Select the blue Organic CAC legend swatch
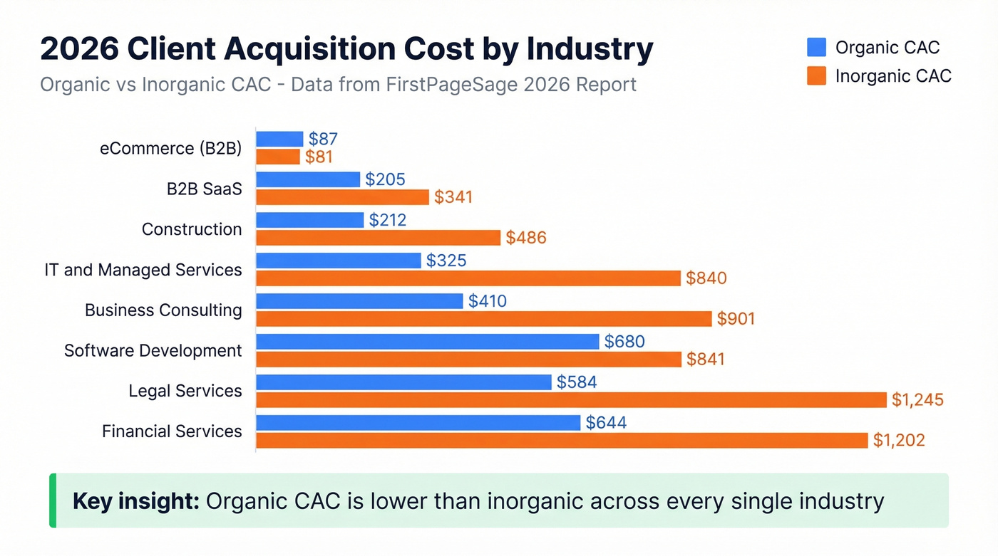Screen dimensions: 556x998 (816, 48)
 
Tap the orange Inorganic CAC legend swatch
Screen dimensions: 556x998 (816, 76)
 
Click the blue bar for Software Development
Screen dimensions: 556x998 (427, 342)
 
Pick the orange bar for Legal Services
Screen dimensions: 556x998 (570, 400)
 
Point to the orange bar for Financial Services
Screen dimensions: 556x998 (562, 441)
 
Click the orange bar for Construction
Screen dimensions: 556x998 (378, 238)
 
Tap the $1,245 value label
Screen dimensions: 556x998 (917, 400)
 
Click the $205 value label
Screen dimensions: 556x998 (385, 179)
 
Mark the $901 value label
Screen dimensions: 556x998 (736, 319)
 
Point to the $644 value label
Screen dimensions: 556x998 (606, 423)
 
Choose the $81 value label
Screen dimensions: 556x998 (319, 157)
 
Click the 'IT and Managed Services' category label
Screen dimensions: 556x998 (143, 271)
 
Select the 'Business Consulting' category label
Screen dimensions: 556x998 (163, 310)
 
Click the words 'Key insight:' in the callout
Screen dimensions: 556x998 (135, 501)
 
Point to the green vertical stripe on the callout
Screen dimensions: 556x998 (52, 500)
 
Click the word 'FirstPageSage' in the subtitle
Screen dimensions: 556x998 (485, 85)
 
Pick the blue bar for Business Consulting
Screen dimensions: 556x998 (359, 301)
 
